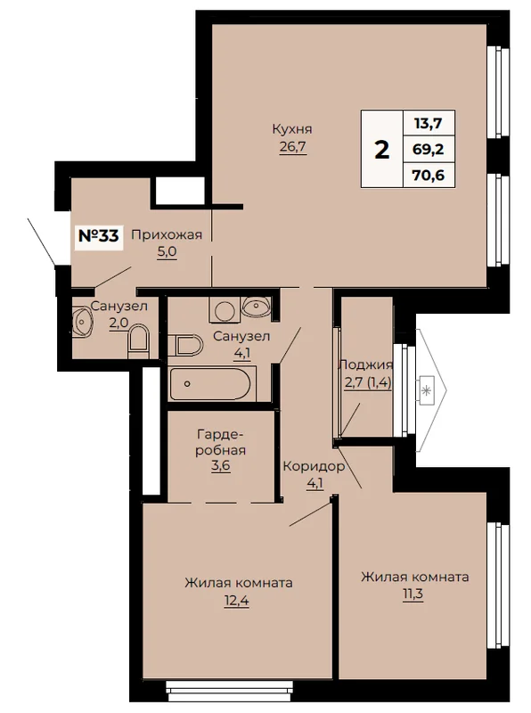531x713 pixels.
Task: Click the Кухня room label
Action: [292, 129]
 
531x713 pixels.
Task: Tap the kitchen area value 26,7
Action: [293, 147]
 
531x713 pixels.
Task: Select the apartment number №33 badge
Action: [99, 235]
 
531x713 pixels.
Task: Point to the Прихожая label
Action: [167, 234]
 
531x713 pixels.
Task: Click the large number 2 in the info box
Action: [382, 149]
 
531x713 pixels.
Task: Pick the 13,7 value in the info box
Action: [429, 123]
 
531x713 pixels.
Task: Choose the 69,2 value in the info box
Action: [429, 149]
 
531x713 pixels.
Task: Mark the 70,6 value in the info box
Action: [429, 175]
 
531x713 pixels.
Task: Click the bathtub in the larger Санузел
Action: [209, 384]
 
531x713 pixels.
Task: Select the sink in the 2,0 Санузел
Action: [82, 321]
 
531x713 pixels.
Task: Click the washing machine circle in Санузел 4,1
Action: [224, 311]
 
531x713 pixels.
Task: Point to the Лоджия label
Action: [365, 365]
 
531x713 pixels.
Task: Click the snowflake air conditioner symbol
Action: [426, 390]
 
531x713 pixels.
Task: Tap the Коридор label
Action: [314, 466]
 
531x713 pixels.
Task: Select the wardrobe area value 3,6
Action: [221, 467]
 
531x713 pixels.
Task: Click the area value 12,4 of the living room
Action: [236, 601]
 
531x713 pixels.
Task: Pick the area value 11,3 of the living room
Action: [413, 594]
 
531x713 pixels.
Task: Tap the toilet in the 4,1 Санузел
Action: [185, 346]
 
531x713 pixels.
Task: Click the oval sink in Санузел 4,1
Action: [257, 306]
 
